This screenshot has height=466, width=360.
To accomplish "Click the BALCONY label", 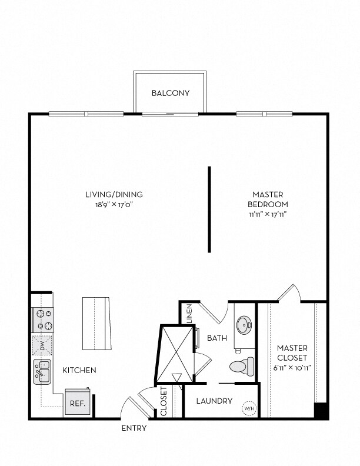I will coord(171,93).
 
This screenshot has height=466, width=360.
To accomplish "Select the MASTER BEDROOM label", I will coord(268,199).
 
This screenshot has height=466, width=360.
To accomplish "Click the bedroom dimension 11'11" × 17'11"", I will coord(268,215).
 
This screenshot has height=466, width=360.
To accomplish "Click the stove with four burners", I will coord(43,320).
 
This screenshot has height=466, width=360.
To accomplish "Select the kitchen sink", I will coord(43,373).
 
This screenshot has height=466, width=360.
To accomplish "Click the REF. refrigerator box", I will coord(77,404).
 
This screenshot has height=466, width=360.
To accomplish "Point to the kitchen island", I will coord(96,323).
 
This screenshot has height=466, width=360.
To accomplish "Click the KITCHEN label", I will coord(79,370).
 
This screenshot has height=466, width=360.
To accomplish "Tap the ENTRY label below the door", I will coord(134,428).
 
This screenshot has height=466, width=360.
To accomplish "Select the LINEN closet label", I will coord(189,312).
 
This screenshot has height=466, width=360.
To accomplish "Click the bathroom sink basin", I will coord(244,325).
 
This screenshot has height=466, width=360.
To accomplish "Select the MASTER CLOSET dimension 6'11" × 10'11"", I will coord(292,368).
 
